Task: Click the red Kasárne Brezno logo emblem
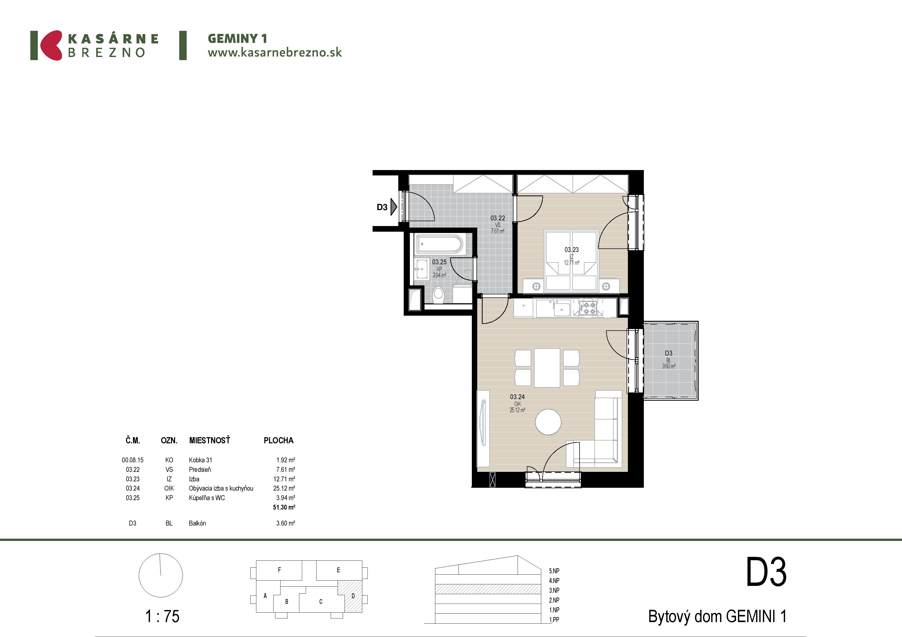pyautogui.click(x=51, y=45)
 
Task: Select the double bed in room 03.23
pyautogui.click(x=571, y=261)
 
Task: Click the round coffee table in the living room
pyautogui.click(x=548, y=422)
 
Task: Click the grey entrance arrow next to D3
pyautogui.click(x=394, y=207)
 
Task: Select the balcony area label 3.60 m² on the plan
pyautogui.click(x=669, y=366)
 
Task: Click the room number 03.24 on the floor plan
pyautogui.click(x=517, y=397)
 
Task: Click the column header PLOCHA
pyautogui.click(x=278, y=440)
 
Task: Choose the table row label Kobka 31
pyautogui.click(x=200, y=460)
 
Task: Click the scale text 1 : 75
pyautogui.click(x=162, y=616)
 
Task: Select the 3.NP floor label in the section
pyautogui.click(x=554, y=590)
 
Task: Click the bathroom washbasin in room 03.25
pyautogui.click(x=421, y=269)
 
